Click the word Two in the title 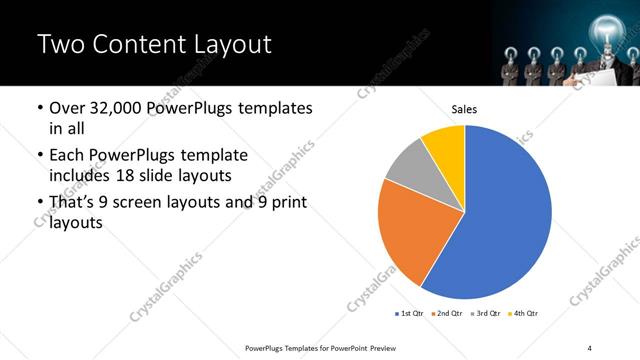(x=59, y=44)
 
